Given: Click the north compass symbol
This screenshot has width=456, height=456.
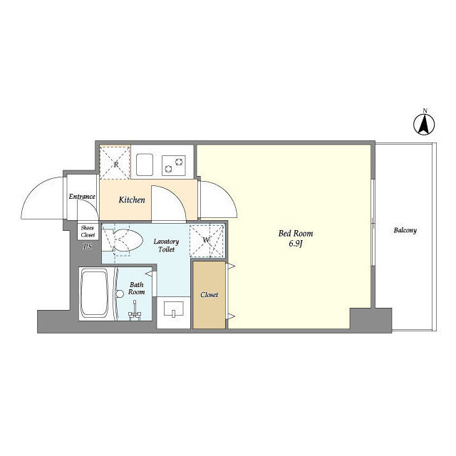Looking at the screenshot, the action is click(x=424, y=125).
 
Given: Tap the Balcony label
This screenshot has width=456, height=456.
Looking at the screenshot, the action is click(x=405, y=230).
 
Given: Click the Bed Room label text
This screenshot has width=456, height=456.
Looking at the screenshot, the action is click(x=296, y=233).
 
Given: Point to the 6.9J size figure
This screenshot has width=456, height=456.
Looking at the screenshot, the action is click(x=296, y=244).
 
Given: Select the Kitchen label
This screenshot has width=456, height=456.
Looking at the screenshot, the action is click(x=132, y=199).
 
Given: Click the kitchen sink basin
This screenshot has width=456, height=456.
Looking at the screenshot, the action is click(x=145, y=165).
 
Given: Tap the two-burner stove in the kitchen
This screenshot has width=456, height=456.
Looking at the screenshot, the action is click(x=174, y=165).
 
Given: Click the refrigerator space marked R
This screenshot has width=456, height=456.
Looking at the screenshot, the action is click(x=115, y=162).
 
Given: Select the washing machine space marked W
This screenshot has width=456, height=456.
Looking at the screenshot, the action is click(x=207, y=241).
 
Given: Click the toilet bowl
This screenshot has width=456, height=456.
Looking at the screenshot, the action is click(x=127, y=241).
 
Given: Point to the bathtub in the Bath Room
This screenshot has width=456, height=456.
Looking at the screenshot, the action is click(x=94, y=293).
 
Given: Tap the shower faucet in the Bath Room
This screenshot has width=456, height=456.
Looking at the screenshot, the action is click(x=135, y=312).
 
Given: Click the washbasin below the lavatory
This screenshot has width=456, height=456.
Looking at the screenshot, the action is click(x=174, y=309).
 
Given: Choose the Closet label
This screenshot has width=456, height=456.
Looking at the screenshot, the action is click(x=209, y=294).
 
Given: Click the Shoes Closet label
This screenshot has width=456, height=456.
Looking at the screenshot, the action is click(x=88, y=232).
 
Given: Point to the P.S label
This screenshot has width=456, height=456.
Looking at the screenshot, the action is click(x=88, y=247).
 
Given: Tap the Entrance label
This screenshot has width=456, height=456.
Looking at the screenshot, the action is click(x=82, y=197).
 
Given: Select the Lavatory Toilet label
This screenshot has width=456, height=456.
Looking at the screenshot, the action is click(x=166, y=245).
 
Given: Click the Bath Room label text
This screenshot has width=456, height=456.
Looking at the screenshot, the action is click(x=136, y=288).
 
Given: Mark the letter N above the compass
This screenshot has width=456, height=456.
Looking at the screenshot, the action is click(x=425, y=110).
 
